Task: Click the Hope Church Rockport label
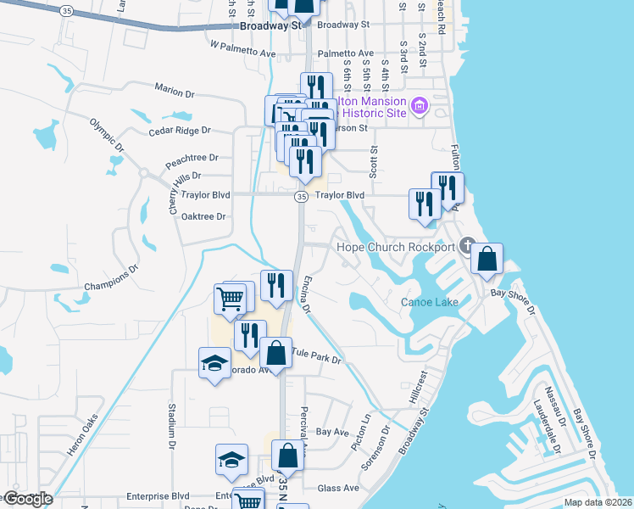(396, 247)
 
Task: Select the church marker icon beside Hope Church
(465, 248)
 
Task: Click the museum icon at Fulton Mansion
(418, 107)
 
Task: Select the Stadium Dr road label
(171, 429)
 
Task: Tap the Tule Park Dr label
(316, 355)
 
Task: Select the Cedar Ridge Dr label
(178, 131)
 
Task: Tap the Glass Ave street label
(338, 489)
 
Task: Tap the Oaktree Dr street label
(203, 216)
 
